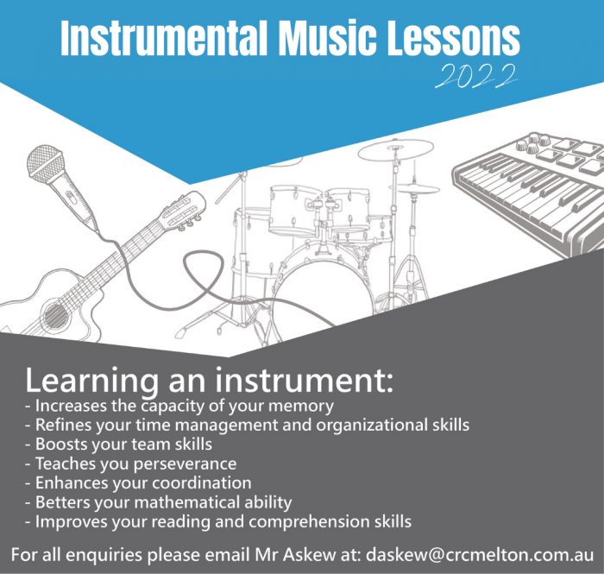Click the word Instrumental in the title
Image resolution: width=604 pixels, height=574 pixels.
click(164, 38)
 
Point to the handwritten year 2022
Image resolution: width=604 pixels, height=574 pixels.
click(476, 76)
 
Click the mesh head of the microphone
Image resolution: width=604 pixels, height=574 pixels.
click(45, 164)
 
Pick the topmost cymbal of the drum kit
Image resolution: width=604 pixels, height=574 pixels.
click(395, 149)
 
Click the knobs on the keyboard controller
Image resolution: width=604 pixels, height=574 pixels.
click(531, 142)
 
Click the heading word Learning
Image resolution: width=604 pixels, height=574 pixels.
click(91, 381)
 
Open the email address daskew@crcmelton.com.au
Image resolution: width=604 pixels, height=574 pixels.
click(480, 555)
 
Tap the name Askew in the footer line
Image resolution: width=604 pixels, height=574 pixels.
click(309, 555)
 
